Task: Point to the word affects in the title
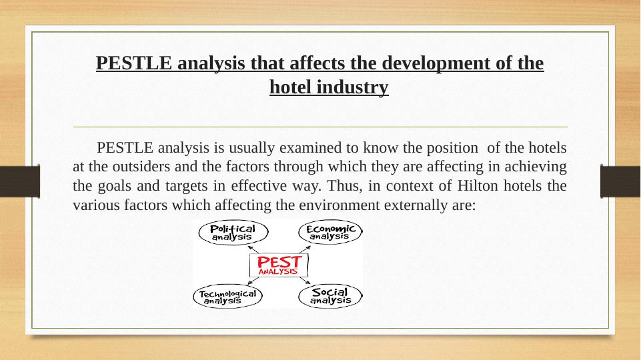277,64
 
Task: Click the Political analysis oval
232,232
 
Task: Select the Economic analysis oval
330,232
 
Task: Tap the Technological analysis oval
228,297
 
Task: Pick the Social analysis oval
330,296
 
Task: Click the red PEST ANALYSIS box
279,265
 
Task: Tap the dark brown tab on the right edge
620,181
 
